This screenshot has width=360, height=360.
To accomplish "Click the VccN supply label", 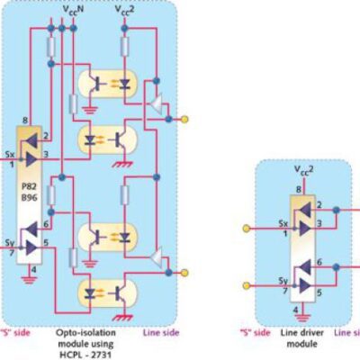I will click(x=74, y=10).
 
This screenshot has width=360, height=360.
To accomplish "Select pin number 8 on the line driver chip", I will click(x=297, y=188).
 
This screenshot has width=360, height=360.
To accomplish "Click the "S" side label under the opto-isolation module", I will click(x=16, y=332).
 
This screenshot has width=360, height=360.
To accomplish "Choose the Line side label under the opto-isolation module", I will click(x=158, y=332).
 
